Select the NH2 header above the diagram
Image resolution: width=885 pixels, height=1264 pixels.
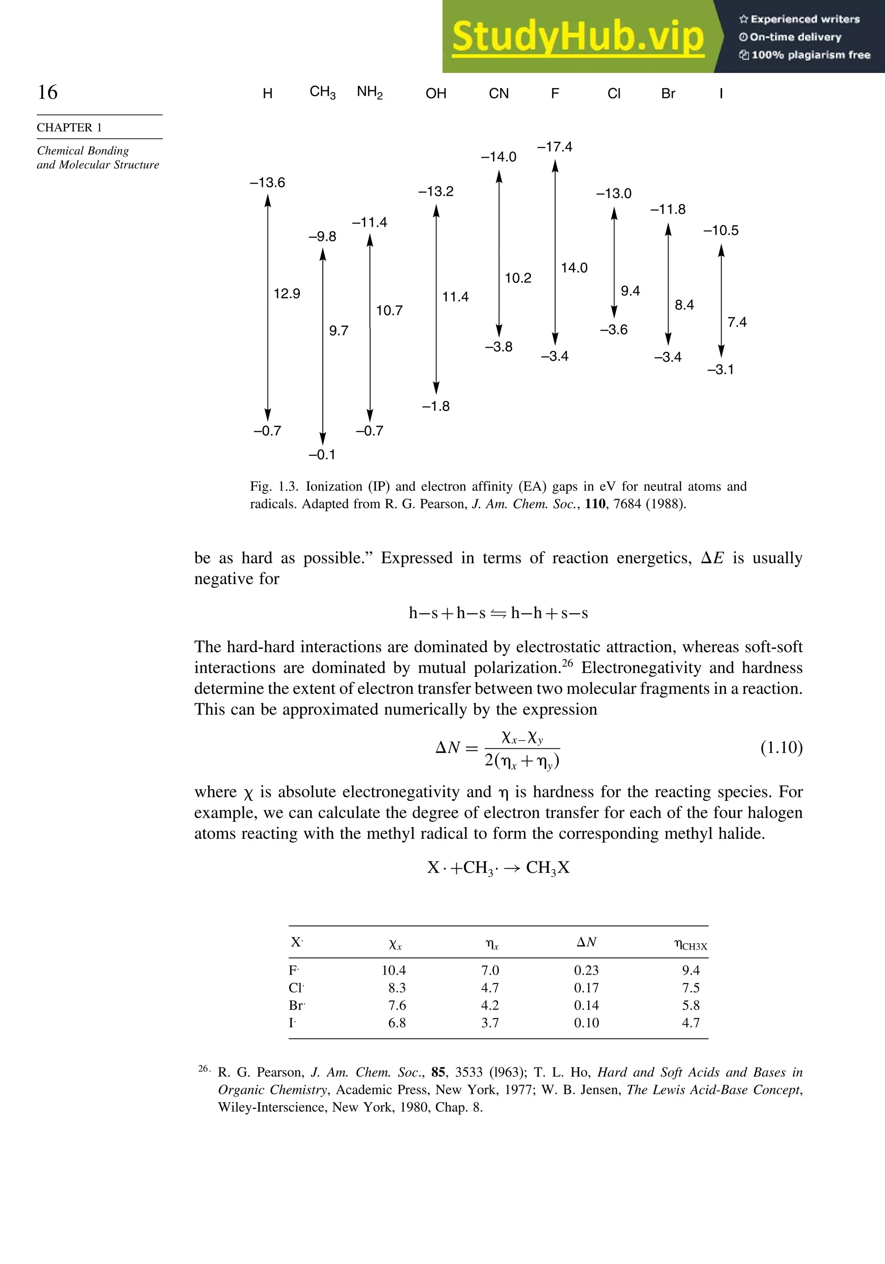[369, 92]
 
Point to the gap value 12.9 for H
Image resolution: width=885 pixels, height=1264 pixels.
[287, 293]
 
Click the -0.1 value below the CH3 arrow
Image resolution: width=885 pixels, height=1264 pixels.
[322, 455]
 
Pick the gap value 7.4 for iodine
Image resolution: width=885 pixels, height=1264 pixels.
[737, 322]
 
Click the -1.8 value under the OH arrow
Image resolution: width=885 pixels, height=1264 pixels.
[436, 406]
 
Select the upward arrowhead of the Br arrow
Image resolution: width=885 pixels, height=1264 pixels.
[668, 229]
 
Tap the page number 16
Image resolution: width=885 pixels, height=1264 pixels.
[48, 92]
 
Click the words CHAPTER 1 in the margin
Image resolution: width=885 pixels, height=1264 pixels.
[70, 128]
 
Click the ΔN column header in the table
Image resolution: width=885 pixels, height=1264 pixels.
[586, 942]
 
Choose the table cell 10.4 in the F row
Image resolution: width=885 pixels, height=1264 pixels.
[394, 970]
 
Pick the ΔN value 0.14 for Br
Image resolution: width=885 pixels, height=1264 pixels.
[586, 1005]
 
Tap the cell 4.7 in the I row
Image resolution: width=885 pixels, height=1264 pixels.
[691, 1023]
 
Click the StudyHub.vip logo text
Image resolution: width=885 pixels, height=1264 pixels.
[578, 37]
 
